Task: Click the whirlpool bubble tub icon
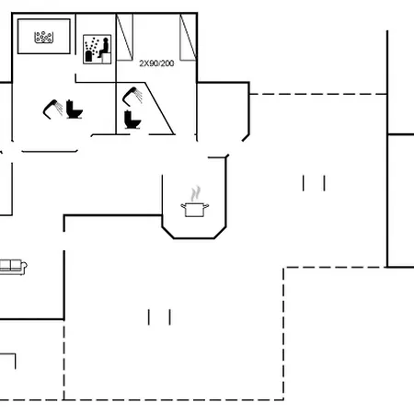tap(43, 37)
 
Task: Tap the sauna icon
tap(97, 49)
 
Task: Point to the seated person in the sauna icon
tap(104, 48)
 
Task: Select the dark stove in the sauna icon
tap(88, 56)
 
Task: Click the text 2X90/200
tap(156, 63)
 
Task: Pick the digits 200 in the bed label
tap(167, 63)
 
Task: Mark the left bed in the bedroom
tap(124, 37)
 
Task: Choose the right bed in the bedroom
tap(188, 37)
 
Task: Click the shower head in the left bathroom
tap(52, 109)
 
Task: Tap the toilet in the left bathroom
tap(74, 109)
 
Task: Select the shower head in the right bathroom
tap(132, 96)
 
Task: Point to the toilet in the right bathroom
tap(132, 120)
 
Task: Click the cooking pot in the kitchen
tap(195, 210)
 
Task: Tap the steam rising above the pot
tap(195, 193)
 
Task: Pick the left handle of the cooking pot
tap(183, 206)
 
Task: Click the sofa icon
tap(13, 267)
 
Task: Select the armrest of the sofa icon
tap(24, 266)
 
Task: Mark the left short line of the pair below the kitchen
tap(149, 317)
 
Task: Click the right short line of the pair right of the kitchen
tap(325, 183)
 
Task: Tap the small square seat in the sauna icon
tap(106, 58)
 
